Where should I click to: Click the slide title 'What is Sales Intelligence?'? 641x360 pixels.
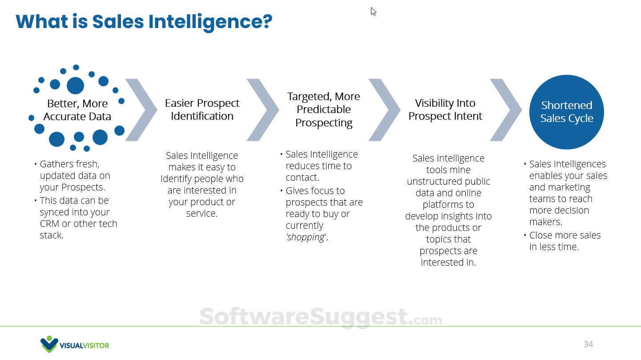click(x=144, y=22)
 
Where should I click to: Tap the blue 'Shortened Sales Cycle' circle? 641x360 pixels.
click(x=566, y=112)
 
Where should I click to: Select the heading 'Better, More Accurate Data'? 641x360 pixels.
click(x=77, y=110)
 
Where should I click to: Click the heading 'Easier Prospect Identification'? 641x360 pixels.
click(x=202, y=109)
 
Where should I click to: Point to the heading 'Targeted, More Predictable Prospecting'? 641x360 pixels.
click(x=323, y=109)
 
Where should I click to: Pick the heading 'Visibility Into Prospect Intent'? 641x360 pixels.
click(x=445, y=109)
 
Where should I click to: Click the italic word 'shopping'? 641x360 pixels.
click(x=306, y=237)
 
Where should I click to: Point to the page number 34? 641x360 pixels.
click(x=588, y=344)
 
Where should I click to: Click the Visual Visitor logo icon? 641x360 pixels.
click(x=49, y=344)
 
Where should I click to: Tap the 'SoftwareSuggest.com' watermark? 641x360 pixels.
click(x=320, y=317)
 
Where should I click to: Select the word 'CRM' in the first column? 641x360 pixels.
click(x=49, y=224)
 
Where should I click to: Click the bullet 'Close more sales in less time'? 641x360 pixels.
click(x=564, y=241)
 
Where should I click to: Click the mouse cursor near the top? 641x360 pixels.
click(x=373, y=11)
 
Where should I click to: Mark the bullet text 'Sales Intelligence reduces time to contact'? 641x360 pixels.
click(x=321, y=166)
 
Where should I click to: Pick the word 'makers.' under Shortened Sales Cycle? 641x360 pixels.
click(x=546, y=222)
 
